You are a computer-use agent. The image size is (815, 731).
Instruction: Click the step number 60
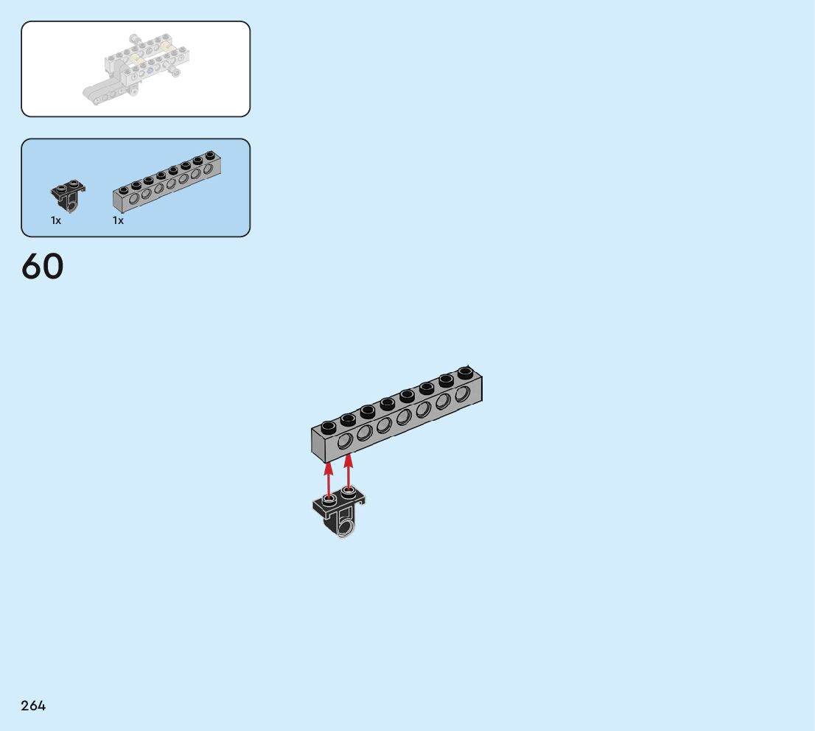pyautogui.click(x=43, y=267)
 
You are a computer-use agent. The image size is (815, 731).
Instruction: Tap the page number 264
pyautogui.click(x=33, y=706)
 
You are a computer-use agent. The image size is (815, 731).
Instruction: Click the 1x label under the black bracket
pyautogui.click(x=56, y=220)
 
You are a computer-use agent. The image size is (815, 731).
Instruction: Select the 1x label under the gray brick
pyautogui.click(x=118, y=220)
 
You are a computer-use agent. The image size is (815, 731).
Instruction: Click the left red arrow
pyautogui.click(x=329, y=479)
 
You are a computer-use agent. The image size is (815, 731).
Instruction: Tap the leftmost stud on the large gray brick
pyautogui.click(x=329, y=425)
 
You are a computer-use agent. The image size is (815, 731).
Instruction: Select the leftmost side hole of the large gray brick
pyautogui.click(x=344, y=441)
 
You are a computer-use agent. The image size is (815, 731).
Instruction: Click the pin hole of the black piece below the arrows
pyautogui.click(x=345, y=524)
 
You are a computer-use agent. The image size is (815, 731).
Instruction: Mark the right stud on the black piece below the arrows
pyautogui.click(x=349, y=492)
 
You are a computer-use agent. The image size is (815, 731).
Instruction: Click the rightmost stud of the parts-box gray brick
pyautogui.click(x=209, y=156)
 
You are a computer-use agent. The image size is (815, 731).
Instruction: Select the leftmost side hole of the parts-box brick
pyautogui.click(x=134, y=197)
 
